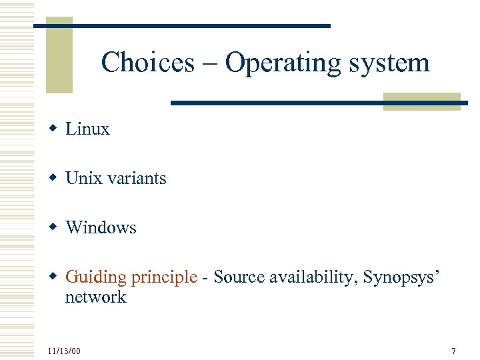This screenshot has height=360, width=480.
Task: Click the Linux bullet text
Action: [x=87, y=129]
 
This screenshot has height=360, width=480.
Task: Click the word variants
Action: [x=135, y=179]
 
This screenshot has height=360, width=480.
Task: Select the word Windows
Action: [x=101, y=228]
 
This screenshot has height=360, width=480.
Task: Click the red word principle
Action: [x=164, y=277]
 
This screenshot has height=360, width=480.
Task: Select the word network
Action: [x=95, y=297]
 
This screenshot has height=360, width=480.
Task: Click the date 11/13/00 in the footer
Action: [x=65, y=351]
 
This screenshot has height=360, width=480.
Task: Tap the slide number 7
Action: [x=453, y=351]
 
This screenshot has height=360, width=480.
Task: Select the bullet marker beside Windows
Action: [x=52, y=228]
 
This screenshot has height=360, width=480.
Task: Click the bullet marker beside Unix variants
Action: [x=52, y=179]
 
